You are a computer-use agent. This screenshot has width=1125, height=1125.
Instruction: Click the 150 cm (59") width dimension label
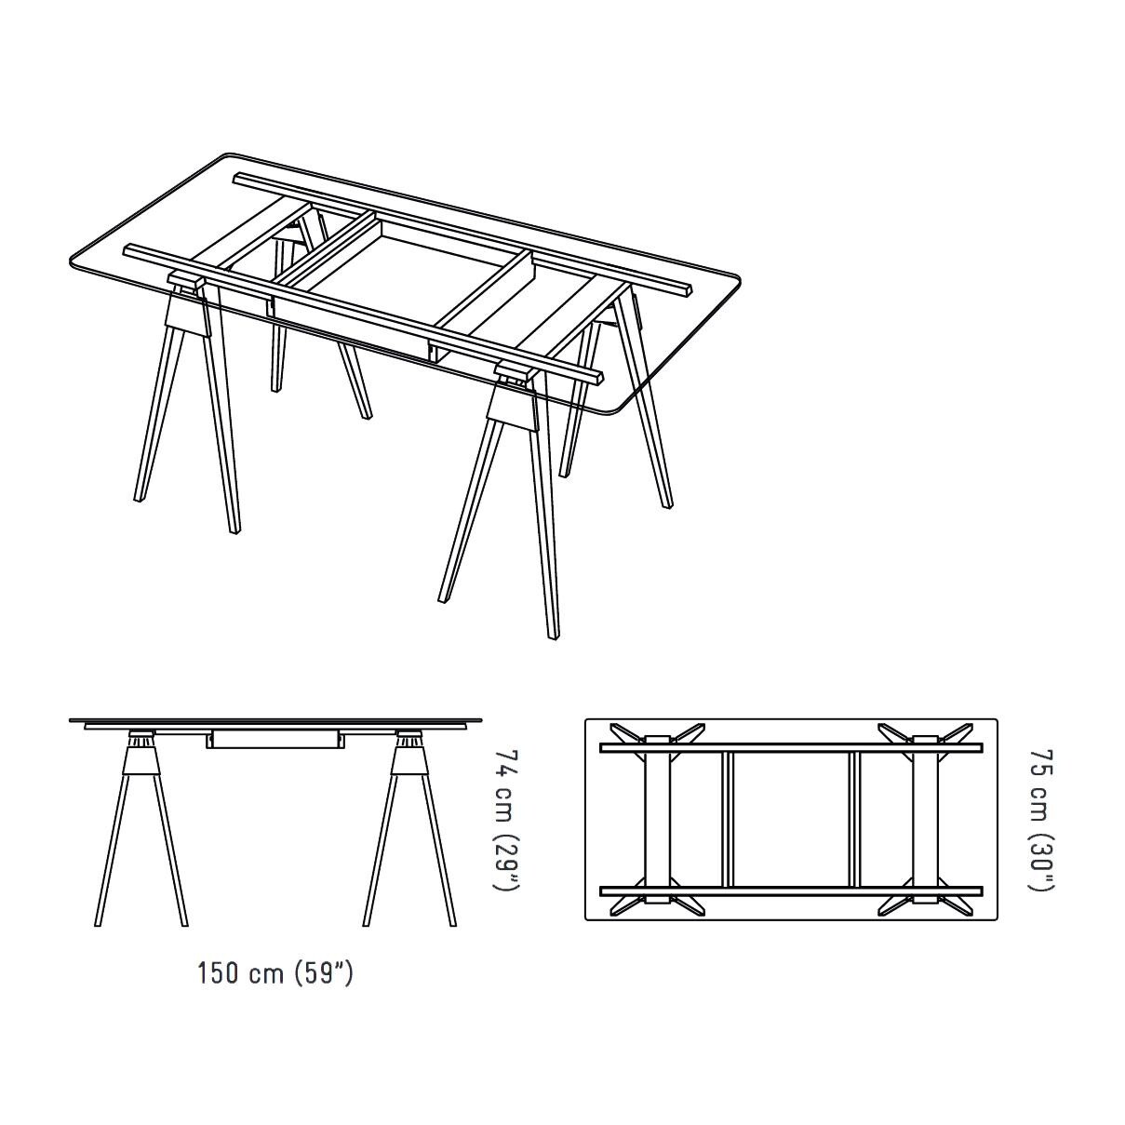275,973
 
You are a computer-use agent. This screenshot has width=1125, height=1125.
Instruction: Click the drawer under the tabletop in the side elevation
274,740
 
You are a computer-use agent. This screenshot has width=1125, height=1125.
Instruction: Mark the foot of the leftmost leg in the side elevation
99,923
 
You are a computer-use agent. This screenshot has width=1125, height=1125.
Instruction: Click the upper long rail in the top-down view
791,747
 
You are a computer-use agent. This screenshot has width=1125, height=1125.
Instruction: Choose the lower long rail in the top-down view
791,891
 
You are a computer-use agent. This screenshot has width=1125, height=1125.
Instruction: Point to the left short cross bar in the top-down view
729,819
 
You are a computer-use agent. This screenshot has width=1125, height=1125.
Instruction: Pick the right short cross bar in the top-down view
854,819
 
